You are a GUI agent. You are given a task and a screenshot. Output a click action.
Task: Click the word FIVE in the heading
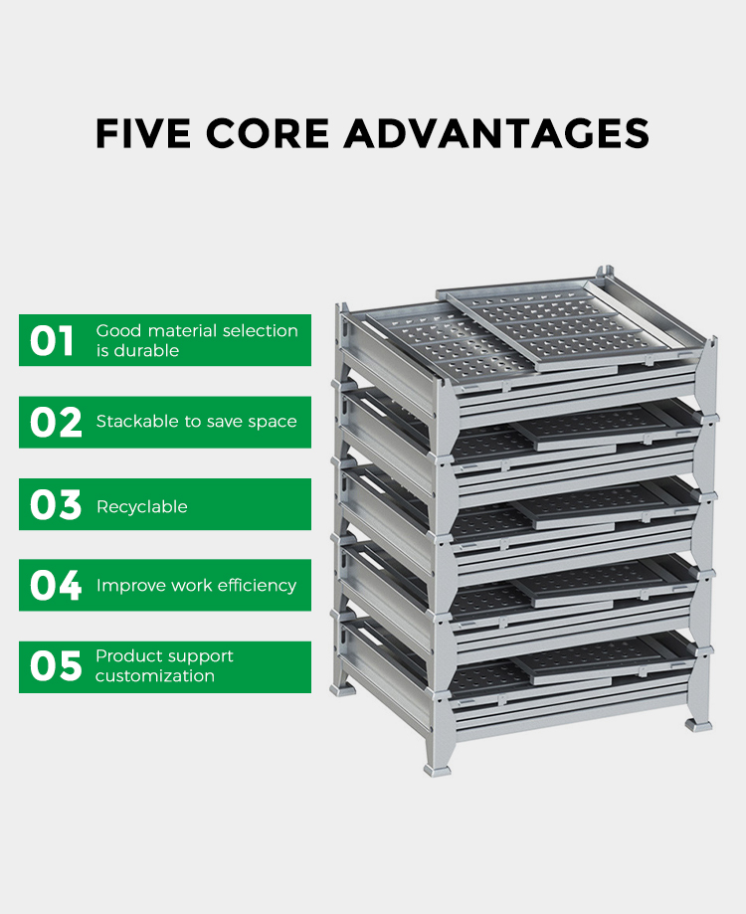click(x=143, y=133)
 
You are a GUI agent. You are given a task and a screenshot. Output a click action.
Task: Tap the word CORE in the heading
click(x=267, y=133)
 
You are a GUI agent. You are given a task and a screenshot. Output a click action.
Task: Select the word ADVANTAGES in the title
click(x=496, y=133)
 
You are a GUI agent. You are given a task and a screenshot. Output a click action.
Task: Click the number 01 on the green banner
click(x=52, y=340)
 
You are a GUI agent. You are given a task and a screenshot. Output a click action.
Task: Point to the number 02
click(x=56, y=423)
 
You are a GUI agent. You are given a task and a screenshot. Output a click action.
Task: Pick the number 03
click(x=56, y=505)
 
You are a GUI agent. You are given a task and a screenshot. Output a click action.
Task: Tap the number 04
click(x=56, y=586)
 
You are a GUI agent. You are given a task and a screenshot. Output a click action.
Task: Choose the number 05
click(x=56, y=667)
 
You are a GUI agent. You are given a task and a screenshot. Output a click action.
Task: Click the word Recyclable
click(x=141, y=506)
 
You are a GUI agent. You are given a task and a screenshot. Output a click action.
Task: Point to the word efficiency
click(x=256, y=585)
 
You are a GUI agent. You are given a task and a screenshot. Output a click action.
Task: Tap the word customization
click(x=155, y=675)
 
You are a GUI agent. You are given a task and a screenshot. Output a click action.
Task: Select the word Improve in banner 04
click(x=122, y=585)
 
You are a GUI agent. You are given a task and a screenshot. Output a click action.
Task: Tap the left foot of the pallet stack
click(x=343, y=689)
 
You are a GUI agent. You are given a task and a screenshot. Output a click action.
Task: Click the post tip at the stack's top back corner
click(x=605, y=270)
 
